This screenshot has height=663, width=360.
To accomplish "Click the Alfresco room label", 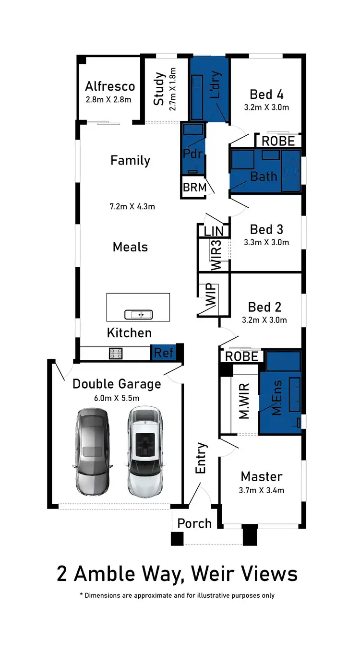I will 110,86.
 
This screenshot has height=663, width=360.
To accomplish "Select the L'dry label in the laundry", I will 216,85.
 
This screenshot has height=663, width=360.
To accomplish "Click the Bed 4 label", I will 266,94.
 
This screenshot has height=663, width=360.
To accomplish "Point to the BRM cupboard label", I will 194,188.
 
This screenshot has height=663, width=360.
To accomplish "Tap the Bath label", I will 264,176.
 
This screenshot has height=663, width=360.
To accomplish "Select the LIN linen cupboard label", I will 214,231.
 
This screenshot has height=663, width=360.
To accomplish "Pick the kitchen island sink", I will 138,315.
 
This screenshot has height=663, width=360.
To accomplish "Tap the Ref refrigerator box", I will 163,353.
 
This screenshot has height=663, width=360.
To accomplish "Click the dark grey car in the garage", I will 92,452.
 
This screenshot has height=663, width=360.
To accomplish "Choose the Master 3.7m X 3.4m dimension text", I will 262,490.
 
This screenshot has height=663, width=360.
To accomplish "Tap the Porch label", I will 194,523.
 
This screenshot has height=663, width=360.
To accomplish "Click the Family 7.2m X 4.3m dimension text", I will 132,207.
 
